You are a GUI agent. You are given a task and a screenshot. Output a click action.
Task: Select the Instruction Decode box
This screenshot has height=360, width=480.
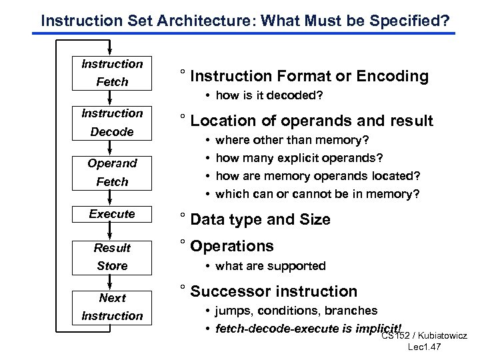point(112,123)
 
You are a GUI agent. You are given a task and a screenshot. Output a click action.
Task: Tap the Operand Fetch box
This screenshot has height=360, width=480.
point(112,172)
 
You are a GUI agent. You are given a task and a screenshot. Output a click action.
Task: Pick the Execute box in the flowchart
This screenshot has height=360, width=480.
point(112,214)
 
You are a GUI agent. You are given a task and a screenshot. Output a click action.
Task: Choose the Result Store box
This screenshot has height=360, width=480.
point(112,257)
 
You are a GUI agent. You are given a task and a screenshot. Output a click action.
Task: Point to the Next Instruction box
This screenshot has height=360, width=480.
point(112,307)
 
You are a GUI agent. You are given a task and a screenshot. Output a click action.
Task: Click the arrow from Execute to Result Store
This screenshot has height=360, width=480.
point(112,230)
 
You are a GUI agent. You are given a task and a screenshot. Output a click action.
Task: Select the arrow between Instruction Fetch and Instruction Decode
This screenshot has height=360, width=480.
point(112,98)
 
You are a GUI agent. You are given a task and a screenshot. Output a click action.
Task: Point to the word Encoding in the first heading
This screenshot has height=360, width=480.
point(393,76)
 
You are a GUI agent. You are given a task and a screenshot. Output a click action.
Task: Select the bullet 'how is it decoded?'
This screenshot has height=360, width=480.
point(269,97)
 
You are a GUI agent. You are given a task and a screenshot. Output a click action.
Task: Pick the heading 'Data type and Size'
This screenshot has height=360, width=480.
point(261,219)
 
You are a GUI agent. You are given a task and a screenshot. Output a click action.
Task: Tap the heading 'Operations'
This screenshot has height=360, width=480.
point(232,246)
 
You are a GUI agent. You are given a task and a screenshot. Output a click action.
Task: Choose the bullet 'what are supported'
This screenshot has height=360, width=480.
point(271,266)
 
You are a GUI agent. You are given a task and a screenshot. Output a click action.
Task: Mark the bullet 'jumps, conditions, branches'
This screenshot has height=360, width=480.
point(297,311)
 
